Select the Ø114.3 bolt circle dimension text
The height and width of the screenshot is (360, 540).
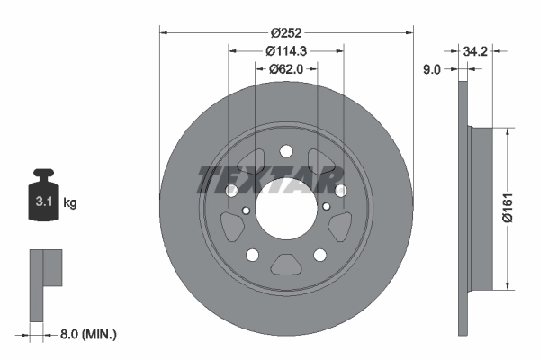[x=286, y=51]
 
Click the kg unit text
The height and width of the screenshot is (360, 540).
[x=71, y=203]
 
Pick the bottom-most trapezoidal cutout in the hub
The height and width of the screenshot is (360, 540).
[x=286, y=264]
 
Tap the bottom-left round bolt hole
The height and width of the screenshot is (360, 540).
[x=252, y=255]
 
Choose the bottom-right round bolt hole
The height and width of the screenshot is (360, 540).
[x=320, y=255]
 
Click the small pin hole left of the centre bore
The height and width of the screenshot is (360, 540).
[x=246, y=211]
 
